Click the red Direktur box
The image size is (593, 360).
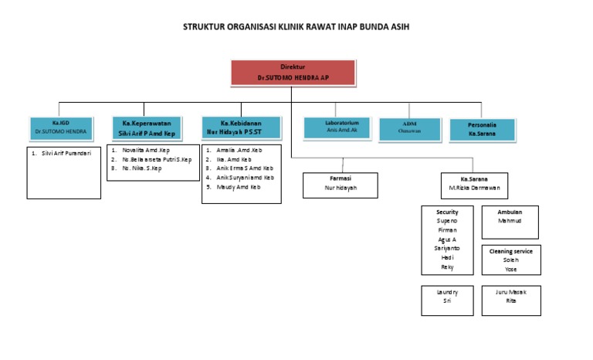click(x=293, y=73)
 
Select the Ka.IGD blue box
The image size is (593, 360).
click(x=61, y=127)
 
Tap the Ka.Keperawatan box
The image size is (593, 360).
click(x=147, y=127)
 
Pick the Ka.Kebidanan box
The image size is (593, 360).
click(x=242, y=127)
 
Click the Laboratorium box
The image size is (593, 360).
click(x=332, y=127)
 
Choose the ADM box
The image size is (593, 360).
click(x=409, y=127)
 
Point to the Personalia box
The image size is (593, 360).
click(x=483, y=128)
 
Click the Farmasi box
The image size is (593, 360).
click(x=341, y=182)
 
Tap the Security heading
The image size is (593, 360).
click(x=447, y=212)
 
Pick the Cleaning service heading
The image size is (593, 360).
click(x=510, y=250)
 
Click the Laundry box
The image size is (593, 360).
click(x=447, y=297)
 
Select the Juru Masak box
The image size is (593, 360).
click(x=510, y=297)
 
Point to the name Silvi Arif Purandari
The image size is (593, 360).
click(x=66, y=153)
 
